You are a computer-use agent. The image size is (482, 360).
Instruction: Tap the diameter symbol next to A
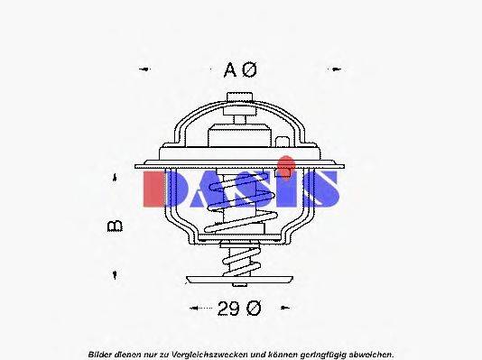coord(253,69)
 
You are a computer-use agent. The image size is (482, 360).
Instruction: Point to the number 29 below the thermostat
coord(228,309)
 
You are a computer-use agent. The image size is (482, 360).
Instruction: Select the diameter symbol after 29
coord(254,309)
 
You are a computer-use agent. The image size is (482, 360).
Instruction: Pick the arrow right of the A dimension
coord(336,69)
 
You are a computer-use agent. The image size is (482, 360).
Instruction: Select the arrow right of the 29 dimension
coord(290,309)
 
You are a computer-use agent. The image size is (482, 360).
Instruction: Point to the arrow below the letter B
coord(115,272)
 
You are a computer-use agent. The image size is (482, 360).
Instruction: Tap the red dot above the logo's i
coord(285,165)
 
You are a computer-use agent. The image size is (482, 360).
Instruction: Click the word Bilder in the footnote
coord(99,352)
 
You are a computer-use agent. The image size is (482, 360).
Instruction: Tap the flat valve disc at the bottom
coord(239,282)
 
